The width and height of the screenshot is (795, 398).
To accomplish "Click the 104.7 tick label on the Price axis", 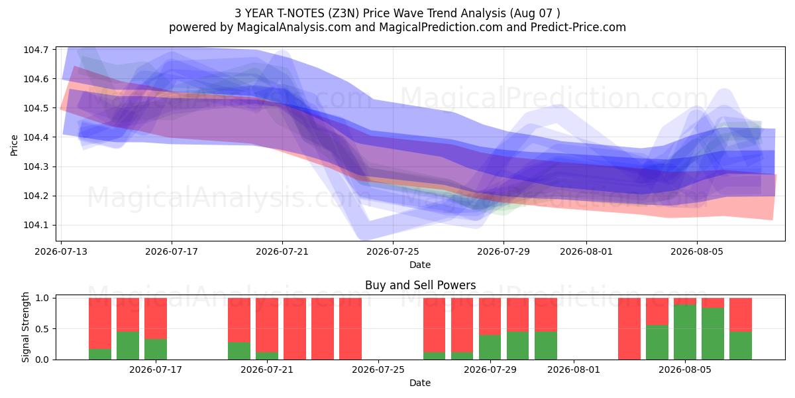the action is tap(36, 50).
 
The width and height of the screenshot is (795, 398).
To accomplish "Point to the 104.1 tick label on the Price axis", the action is tap(36, 226).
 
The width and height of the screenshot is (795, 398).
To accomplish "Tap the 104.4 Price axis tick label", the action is tap(36, 137).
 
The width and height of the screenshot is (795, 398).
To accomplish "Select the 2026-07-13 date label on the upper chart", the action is tap(61, 251).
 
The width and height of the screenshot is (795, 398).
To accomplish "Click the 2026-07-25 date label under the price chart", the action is tap(392, 251).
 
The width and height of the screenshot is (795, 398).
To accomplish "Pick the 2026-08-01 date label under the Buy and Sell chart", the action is tap(574, 370).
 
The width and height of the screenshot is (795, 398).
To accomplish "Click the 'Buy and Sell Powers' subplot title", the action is tap(420, 285).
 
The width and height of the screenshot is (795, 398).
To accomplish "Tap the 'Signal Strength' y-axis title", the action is tap(25, 327).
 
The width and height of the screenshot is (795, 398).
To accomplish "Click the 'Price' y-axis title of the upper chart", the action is tap(14, 145).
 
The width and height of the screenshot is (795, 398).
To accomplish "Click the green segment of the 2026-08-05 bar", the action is tap(685, 332).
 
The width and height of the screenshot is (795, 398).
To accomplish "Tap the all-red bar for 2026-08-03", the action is tap(629, 329).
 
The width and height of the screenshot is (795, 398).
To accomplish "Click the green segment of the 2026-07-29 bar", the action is tap(490, 347).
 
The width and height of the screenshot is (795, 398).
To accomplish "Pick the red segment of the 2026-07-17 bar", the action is tap(156, 318).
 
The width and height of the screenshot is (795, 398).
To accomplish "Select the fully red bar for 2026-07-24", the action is tap(350, 329).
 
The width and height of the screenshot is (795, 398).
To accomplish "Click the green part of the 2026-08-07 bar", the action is tap(741, 346).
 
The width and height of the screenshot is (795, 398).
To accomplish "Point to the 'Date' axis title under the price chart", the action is tap(420, 265).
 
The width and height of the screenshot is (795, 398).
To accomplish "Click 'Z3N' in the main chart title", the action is tap(344, 13).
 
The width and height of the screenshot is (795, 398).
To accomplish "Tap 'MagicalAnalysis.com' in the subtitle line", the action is tap(294, 27).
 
